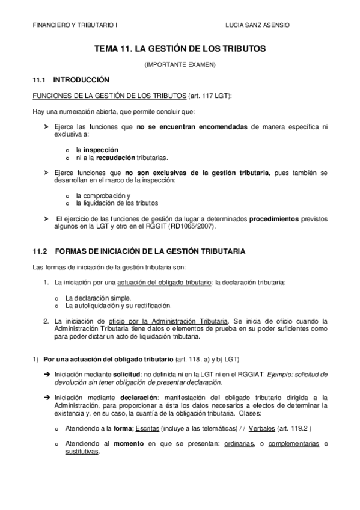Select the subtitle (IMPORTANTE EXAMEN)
click(x=180, y=64)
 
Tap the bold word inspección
click(x=100, y=150)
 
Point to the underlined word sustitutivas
click(x=82, y=453)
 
